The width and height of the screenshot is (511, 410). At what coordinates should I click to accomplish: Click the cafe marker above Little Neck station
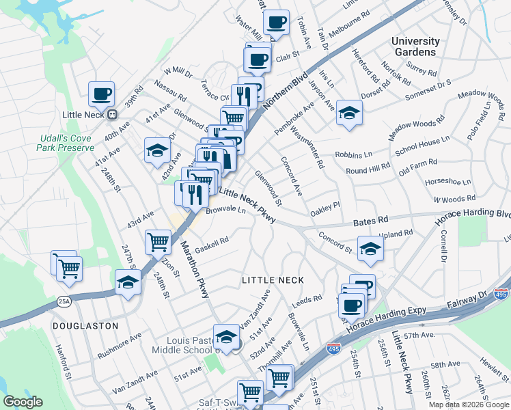coord(101,95)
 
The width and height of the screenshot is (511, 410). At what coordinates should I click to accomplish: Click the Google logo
coord(23,402)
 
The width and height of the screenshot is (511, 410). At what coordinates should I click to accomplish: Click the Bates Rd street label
coord(371,221)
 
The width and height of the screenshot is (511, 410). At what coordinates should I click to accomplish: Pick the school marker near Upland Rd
coord(370,251)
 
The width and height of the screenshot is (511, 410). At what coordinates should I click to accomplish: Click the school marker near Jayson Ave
coord(349,113)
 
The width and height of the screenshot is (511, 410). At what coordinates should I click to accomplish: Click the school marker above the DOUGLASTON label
coord(128,282)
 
